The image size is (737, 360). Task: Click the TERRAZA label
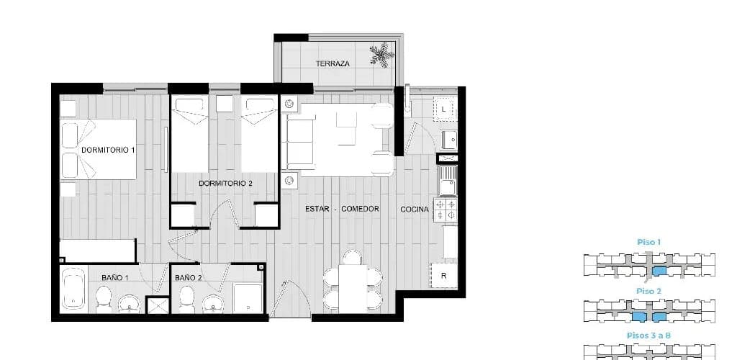click(x=333, y=63)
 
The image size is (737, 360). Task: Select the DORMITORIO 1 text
click(x=108, y=150)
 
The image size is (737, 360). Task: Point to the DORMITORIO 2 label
click(x=225, y=184)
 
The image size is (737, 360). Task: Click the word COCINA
click(x=415, y=209)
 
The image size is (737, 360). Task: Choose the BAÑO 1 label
click(x=115, y=278)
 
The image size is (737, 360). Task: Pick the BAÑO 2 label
click(x=189, y=278)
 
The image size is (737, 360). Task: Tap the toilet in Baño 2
click(x=186, y=300)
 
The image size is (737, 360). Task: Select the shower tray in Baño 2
click(x=248, y=298)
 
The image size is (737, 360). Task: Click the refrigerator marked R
click(x=443, y=276)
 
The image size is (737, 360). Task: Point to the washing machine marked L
click(x=443, y=109)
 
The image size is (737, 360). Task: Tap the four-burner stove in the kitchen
click(x=445, y=210)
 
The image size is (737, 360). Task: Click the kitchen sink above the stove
click(x=448, y=181)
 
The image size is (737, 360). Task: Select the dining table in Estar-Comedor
click(x=353, y=289)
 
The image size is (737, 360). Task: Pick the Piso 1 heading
click(x=649, y=243)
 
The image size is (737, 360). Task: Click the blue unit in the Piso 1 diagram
click(x=659, y=271)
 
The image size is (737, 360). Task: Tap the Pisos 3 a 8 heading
click(x=648, y=336)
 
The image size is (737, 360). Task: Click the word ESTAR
click(x=317, y=209)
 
